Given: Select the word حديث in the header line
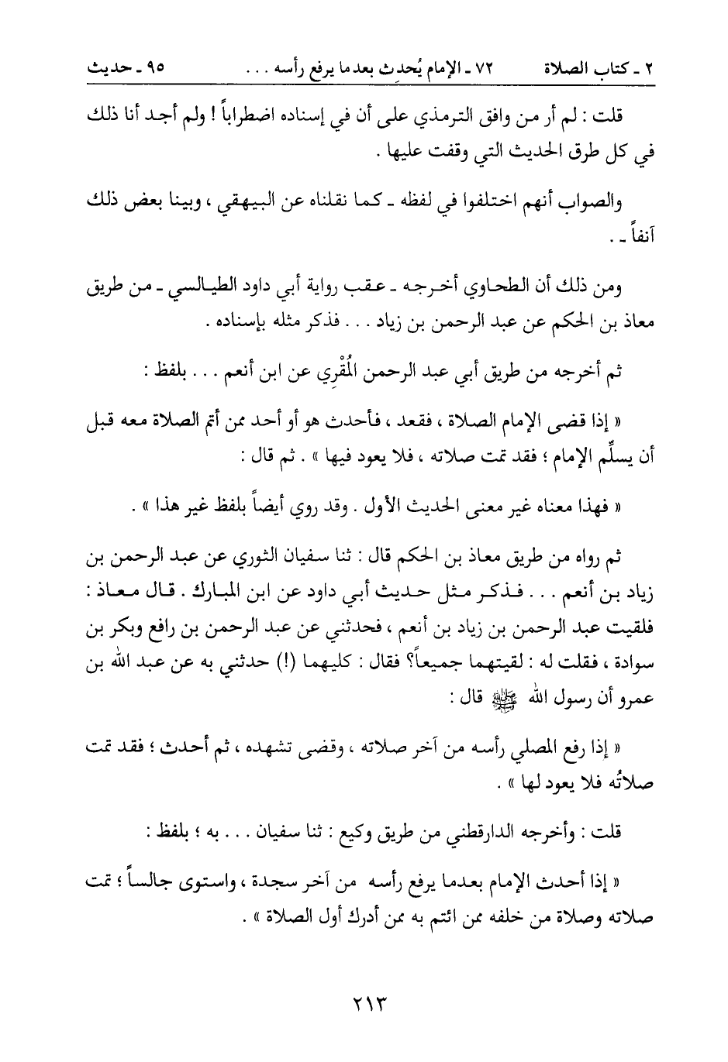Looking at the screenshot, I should point(109,67).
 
